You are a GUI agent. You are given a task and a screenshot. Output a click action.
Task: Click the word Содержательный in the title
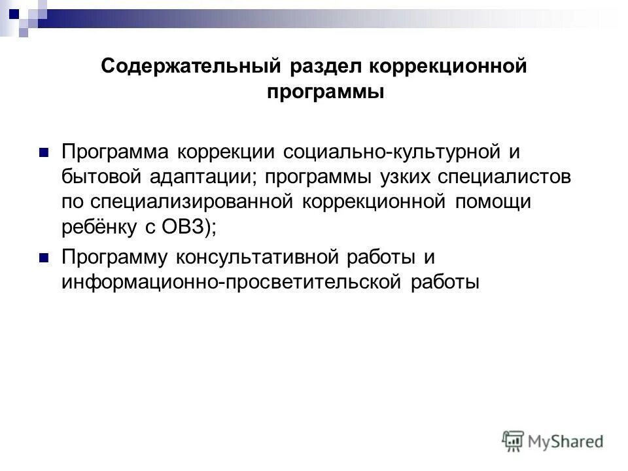pyautogui.click(x=190, y=67)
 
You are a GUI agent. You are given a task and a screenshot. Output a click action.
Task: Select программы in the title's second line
pyautogui.click(x=325, y=93)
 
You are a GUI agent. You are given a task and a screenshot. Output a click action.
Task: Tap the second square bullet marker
pyautogui.click(x=44, y=258)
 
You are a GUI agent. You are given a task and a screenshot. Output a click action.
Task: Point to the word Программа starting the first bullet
pyautogui.click(x=114, y=152)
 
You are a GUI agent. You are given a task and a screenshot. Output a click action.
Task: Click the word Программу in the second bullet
pyautogui.click(x=115, y=258)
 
